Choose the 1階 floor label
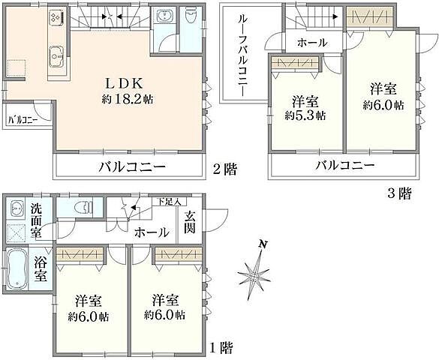[x=222, y=347]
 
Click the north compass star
[x=254, y=274]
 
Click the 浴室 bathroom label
[x=41, y=268]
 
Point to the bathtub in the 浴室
[x=17, y=270]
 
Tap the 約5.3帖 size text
[x=305, y=115]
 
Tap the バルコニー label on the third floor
[x=344, y=165]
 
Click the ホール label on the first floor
[x=151, y=232]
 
